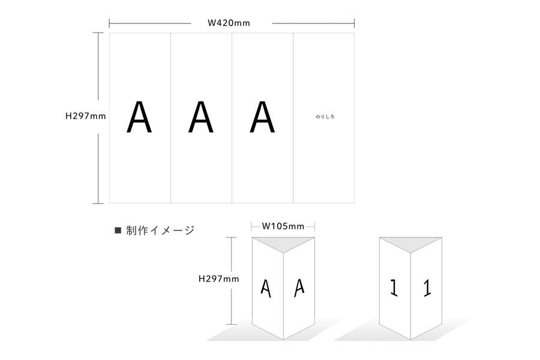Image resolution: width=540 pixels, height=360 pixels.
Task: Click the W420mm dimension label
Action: click(229, 23)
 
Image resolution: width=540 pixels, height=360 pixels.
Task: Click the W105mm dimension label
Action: click(283, 226)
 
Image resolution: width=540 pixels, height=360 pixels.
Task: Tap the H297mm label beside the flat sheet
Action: click(85, 116)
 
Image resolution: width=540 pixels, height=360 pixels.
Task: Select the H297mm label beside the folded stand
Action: click(219, 278)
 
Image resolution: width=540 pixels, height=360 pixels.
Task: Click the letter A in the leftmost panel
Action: click(139, 118)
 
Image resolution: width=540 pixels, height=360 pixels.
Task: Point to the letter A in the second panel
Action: click(201, 118)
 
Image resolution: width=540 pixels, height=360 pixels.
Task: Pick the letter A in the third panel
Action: click(262, 118)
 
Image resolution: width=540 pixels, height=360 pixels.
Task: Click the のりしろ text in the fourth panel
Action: click(325, 117)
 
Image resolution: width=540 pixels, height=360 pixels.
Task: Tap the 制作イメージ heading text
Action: click(160, 230)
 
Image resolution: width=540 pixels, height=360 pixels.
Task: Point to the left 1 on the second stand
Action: click(394, 288)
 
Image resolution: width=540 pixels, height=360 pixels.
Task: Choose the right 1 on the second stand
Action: click(427, 288)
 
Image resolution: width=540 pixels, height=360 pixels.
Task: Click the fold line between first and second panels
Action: click(171, 118)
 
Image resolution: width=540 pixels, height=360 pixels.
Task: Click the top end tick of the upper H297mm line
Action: click(98, 33)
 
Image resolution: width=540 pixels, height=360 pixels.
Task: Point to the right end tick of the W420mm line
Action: click(354, 23)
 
